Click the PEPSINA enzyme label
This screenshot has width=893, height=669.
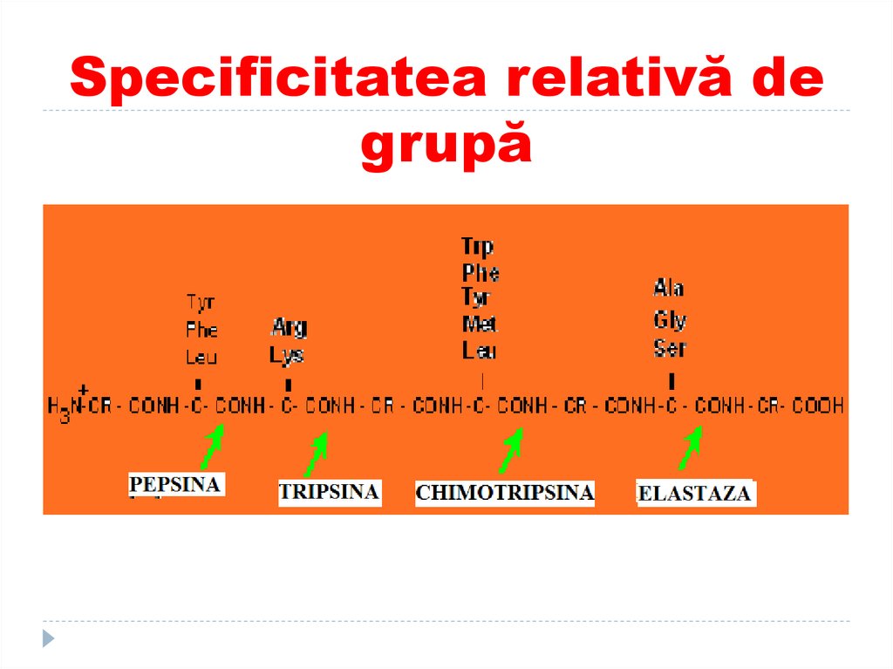click(176, 485)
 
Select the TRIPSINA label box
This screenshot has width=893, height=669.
click(329, 492)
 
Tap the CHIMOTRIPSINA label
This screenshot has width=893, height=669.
click(504, 493)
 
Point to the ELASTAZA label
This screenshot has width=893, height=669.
click(694, 494)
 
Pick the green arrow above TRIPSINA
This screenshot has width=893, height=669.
click(316, 454)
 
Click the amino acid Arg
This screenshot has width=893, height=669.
click(289, 328)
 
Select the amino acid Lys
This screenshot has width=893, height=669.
click(286, 355)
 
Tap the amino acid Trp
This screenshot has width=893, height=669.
click(477, 247)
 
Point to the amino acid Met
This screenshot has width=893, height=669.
click(480, 325)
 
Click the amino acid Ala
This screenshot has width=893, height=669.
click(669, 288)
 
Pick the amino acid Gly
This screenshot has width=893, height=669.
click(670, 320)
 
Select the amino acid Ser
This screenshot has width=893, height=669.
click(669, 349)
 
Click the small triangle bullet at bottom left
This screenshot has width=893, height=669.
click(49, 638)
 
